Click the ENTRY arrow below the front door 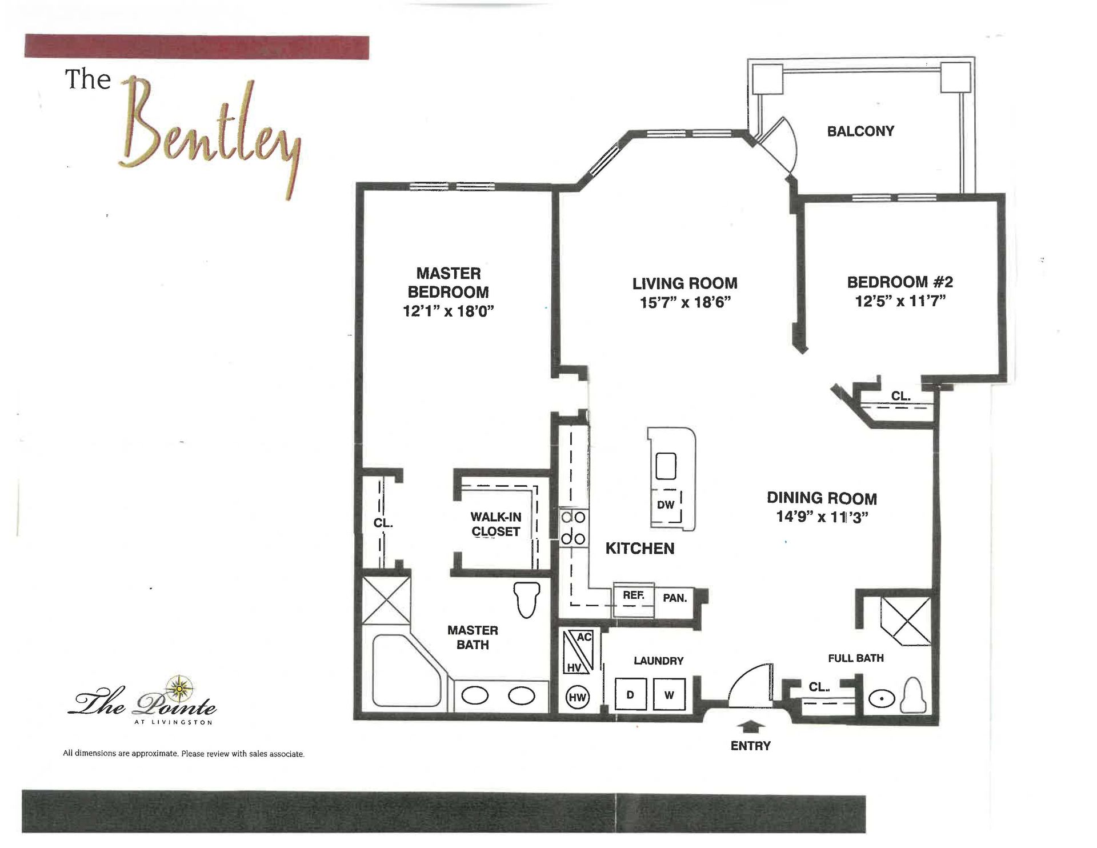point(751,726)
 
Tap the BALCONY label point(860,131)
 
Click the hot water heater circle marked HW point(577,697)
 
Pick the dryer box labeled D point(630,695)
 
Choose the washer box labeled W point(669,695)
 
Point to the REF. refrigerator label point(634,595)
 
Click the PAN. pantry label point(675,598)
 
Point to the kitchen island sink point(666,466)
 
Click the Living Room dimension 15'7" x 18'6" point(686,302)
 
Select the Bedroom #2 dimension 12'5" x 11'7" point(900,301)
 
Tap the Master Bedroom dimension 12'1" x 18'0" point(449,311)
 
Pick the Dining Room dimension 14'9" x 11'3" point(822,517)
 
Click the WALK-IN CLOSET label point(496,524)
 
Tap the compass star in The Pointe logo point(179,688)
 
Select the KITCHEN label point(640,549)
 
